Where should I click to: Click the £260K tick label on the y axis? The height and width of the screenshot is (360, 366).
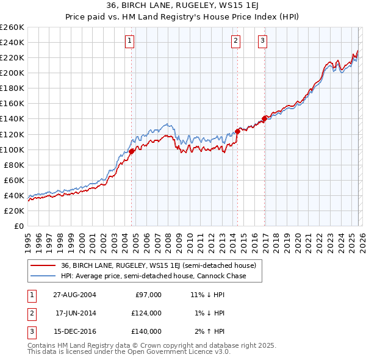(x=12, y=27)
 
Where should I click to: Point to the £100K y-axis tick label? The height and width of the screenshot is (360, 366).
(x=12, y=149)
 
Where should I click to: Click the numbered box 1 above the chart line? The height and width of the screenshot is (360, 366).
(x=131, y=41)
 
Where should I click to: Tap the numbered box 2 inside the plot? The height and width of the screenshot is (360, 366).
(x=235, y=41)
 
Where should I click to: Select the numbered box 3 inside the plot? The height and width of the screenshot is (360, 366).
(x=262, y=41)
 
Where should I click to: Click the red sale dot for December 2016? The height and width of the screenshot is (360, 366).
(x=264, y=118)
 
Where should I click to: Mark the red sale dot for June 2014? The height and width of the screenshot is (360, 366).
(x=237, y=131)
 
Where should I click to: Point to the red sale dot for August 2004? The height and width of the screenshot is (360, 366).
(x=132, y=151)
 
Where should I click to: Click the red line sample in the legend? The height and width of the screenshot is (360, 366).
(x=43, y=265)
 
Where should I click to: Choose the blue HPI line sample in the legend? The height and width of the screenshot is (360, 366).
(x=43, y=276)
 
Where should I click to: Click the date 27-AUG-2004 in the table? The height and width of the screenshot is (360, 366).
(x=75, y=295)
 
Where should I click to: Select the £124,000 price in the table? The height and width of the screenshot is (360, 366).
(x=146, y=313)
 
